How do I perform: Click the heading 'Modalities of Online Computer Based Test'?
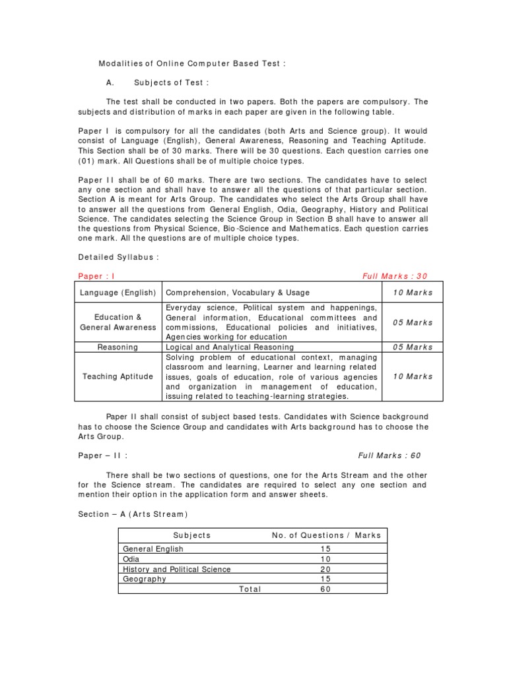(192, 63)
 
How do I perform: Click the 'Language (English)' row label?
(118, 292)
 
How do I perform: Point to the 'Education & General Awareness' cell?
(118, 322)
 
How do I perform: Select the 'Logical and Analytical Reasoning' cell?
(230, 347)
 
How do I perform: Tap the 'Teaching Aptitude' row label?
(118, 376)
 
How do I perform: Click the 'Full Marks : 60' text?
(389, 455)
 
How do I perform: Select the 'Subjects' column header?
(191, 535)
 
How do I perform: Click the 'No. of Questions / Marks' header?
(326, 535)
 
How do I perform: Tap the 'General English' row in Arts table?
(153, 548)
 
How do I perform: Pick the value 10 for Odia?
(324, 559)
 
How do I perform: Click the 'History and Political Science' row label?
(177, 569)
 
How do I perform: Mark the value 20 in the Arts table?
(324, 569)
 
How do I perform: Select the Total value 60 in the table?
(324, 589)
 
